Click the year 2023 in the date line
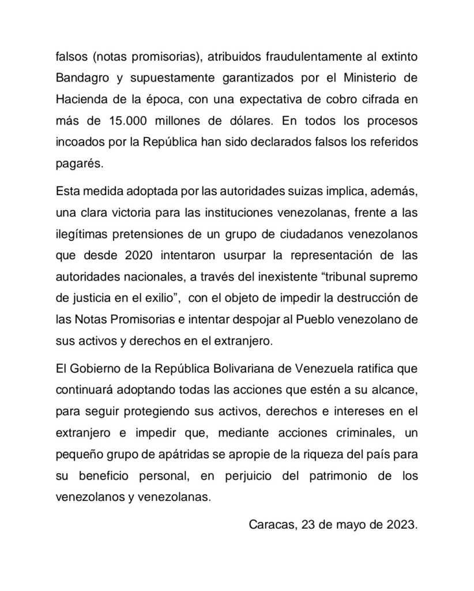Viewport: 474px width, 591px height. pyautogui.click(x=402, y=525)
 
